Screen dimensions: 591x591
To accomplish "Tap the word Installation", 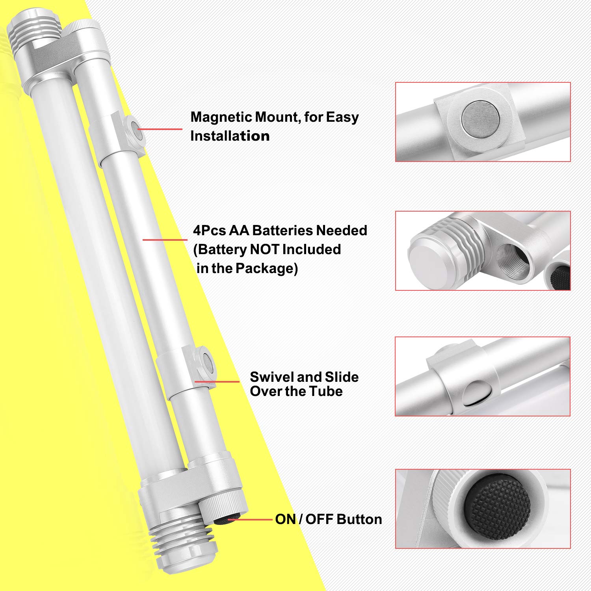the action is [x=230, y=136].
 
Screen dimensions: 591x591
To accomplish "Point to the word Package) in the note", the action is [x=267, y=269].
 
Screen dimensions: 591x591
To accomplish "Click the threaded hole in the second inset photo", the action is [x=513, y=260].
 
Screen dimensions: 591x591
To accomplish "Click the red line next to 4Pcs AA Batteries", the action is [x=165, y=240].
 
